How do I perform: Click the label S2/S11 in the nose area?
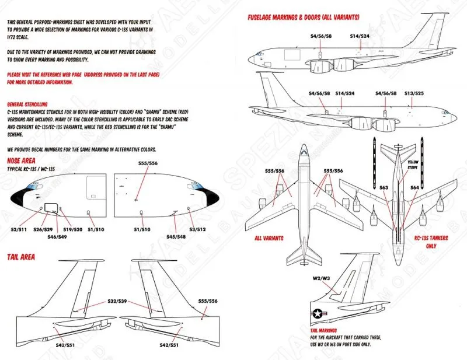pos(20,230)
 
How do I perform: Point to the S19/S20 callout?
pos(72,230)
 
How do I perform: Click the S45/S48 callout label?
pos(176,236)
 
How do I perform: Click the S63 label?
pos(384,187)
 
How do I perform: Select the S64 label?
pos(414,187)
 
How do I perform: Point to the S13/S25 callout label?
pos(414,93)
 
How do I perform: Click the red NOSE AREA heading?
pos(24,160)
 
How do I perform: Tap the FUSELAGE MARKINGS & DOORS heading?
pos(304,18)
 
